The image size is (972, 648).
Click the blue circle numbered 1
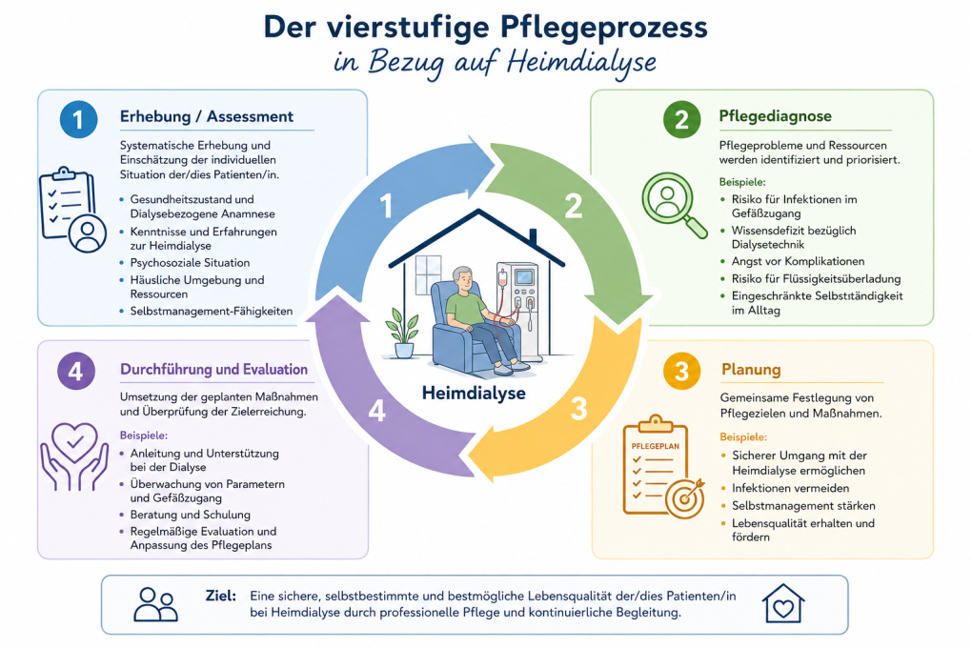click(79, 119)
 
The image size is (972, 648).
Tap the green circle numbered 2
click(681, 119)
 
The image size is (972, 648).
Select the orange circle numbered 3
click(681, 371)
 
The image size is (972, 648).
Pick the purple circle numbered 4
click(75, 371)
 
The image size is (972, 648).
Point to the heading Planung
click(751, 370)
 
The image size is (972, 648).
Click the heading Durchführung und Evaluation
click(213, 370)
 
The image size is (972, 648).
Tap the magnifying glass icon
click(674, 205)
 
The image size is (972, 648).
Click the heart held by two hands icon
click(74, 456)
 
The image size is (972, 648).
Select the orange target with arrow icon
click(685, 497)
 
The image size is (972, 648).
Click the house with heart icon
click(783, 603)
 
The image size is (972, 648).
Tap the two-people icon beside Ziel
click(155, 604)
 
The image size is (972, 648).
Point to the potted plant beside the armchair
click(403, 333)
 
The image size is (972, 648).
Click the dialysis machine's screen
click(524, 275)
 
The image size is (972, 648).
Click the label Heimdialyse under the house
click(474, 394)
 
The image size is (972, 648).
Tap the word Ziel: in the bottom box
click(221, 596)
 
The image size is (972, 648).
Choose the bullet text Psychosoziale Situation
click(190, 263)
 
